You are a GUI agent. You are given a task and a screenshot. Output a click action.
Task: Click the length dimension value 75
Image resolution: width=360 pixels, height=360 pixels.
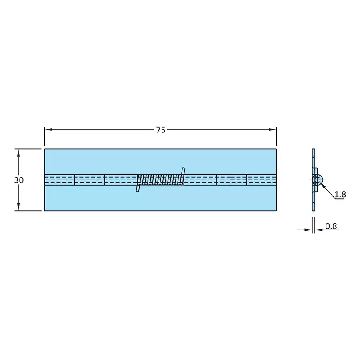point(160,130)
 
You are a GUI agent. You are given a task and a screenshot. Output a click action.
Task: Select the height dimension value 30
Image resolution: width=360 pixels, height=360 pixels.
point(19,180)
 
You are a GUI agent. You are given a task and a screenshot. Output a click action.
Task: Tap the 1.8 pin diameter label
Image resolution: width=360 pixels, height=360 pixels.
point(340,194)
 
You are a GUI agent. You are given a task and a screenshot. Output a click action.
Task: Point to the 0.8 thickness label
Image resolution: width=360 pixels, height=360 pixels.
point(331,226)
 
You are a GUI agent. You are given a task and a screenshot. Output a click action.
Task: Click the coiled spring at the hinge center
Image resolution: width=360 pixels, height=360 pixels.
point(160,180)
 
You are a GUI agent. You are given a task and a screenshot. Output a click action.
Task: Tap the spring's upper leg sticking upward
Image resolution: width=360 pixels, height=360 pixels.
point(183,171)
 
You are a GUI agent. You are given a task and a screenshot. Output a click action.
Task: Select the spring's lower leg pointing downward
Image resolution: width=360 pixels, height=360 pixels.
point(138,188)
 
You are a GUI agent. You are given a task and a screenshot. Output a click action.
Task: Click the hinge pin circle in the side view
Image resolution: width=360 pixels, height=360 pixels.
point(318,180)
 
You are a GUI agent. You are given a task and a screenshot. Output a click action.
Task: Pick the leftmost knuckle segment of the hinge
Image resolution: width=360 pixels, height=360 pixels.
point(59,180)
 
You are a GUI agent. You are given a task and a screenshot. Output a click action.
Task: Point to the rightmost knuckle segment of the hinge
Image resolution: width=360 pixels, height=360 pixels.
point(262,180)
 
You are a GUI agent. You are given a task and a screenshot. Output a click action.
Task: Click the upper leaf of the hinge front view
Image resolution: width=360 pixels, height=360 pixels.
point(160,161)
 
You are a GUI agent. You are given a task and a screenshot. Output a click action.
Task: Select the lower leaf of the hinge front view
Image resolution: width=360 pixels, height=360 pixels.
point(160,198)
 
